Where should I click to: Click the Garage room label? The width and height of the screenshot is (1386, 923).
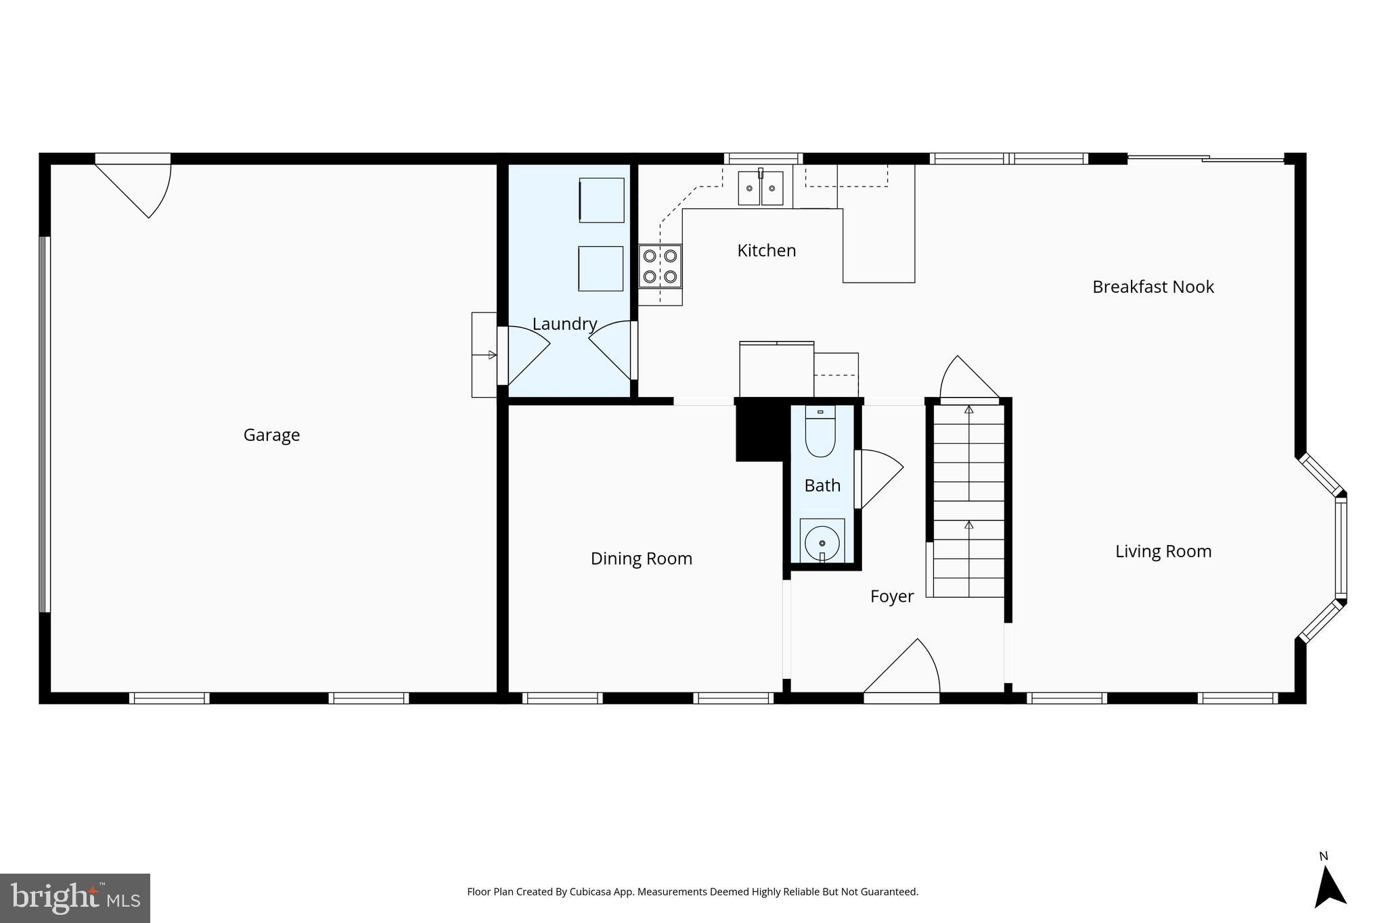click(x=271, y=435)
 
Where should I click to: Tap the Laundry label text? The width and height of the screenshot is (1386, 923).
click(x=564, y=324)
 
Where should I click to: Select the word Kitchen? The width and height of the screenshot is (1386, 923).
click(x=766, y=251)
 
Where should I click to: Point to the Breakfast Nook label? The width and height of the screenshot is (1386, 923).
click(x=1153, y=287)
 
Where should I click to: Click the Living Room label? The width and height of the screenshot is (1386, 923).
click(x=1163, y=551)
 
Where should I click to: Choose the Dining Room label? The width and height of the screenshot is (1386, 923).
click(x=641, y=559)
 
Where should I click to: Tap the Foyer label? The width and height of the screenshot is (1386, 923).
click(x=891, y=596)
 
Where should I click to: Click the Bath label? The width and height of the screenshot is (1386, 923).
click(x=822, y=486)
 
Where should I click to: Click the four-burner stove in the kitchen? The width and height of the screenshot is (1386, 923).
click(x=660, y=266)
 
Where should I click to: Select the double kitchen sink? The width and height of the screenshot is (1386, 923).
click(x=760, y=188)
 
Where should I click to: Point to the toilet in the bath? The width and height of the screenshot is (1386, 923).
click(x=820, y=433)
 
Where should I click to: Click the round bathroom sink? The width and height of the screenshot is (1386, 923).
click(x=822, y=542)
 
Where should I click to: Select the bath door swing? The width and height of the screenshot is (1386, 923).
click(x=880, y=477)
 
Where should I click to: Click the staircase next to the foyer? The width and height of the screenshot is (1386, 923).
click(x=968, y=500)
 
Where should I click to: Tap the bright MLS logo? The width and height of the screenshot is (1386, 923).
click(x=75, y=898)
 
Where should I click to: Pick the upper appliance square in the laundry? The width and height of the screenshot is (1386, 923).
click(x=601, y=200)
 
